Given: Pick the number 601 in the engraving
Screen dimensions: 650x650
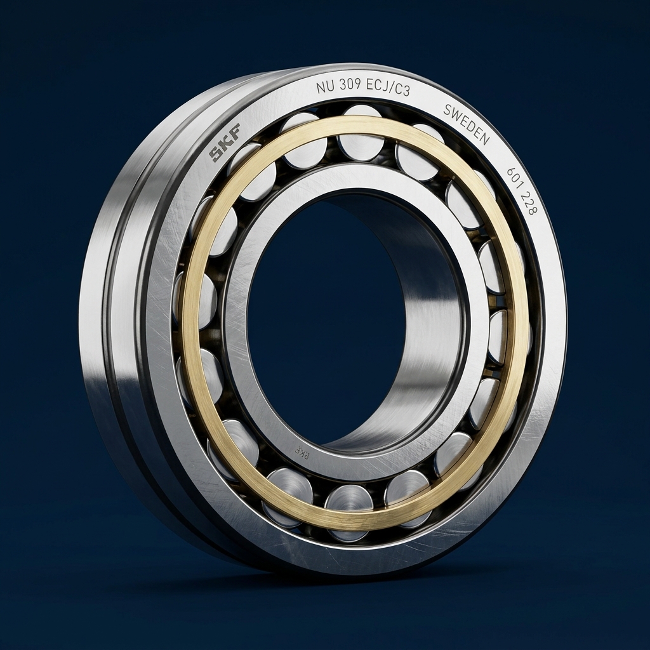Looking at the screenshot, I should (515, 180).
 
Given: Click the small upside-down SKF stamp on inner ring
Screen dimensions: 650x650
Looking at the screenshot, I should (302, 452).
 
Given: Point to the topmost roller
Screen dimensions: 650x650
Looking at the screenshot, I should (361, 136).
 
